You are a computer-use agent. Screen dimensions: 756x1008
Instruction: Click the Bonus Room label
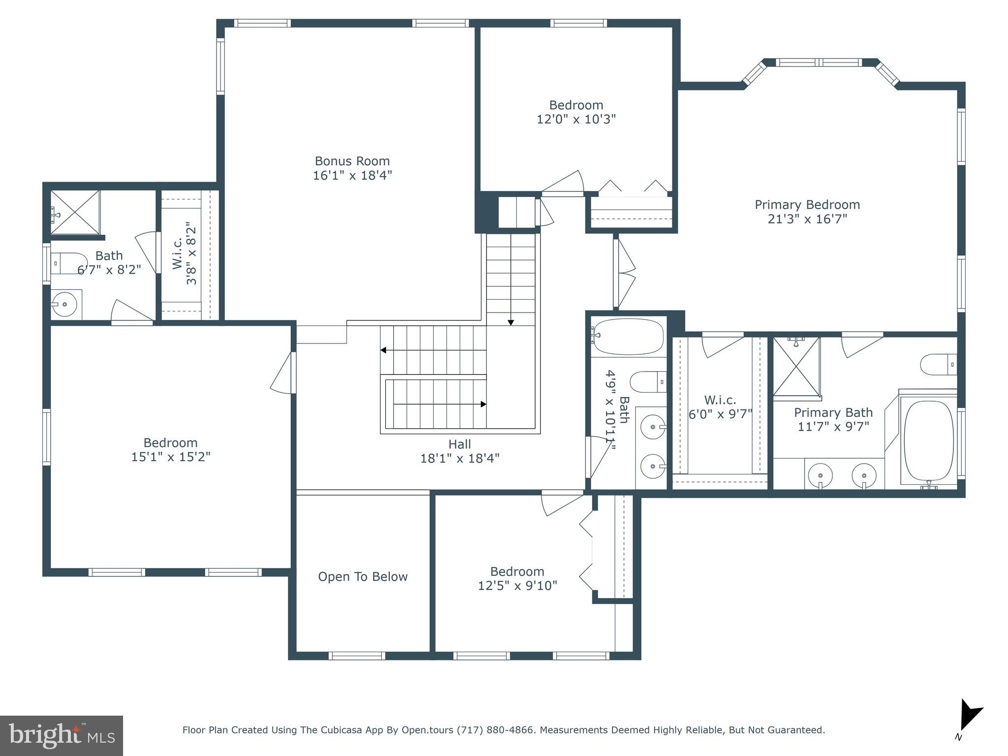(352, 161)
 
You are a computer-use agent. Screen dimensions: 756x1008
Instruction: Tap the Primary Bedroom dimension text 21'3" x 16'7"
(807, 219)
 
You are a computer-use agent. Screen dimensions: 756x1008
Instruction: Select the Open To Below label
(363, 576)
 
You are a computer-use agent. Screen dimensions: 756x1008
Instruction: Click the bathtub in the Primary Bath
(928, 441)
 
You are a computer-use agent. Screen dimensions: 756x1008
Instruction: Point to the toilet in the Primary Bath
(938, 365)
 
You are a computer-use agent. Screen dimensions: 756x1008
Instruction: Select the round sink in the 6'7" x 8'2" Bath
(64, 304)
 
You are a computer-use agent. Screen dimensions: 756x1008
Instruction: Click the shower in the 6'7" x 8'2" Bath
(75, 212)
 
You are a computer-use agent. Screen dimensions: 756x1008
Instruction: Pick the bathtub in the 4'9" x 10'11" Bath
(627, 337)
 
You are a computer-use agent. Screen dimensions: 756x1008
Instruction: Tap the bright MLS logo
(62, 735)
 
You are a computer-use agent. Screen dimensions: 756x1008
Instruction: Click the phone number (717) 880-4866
(495, 730)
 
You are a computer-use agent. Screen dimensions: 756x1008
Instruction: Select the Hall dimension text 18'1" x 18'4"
(459, 458)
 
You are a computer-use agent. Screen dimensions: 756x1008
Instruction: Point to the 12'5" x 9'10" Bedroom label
(517, 571)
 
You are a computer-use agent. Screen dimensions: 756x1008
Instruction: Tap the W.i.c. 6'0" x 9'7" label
(720, 400)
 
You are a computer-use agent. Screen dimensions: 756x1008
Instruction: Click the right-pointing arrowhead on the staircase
(483, 404)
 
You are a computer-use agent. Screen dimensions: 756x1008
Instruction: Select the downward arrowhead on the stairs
(511, 322)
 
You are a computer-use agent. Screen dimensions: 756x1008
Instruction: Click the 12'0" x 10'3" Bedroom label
(576, 105)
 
